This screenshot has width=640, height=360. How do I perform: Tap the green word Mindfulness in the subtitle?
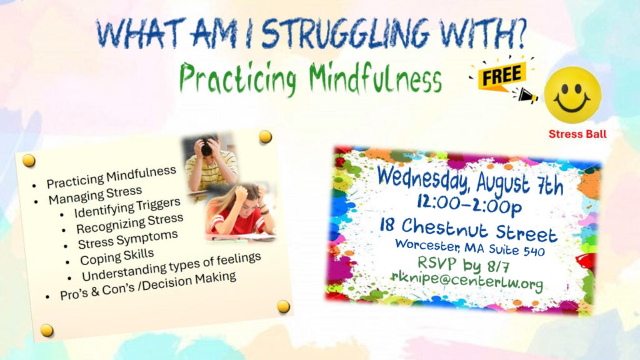tap(375, 78)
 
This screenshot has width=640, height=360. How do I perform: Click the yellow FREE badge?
tap(502, 75)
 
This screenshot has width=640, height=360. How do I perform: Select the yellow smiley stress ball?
tap(572, 95)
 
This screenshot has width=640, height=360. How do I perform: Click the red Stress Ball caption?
tap(577, 134)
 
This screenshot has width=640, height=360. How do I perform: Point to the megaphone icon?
tap(526, 96)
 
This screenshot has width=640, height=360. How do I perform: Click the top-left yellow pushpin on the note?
tap(29, 161)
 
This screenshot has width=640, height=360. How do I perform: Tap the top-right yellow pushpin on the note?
tap(265, 137)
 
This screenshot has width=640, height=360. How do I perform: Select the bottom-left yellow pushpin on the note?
tap(46, 330)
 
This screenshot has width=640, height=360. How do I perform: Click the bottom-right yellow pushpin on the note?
tap(283, 306)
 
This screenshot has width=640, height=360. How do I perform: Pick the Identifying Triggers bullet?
tap(127, 208)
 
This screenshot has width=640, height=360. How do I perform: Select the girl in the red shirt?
tap(242, 212)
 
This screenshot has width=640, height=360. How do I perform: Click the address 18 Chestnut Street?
tap(469, 230)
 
